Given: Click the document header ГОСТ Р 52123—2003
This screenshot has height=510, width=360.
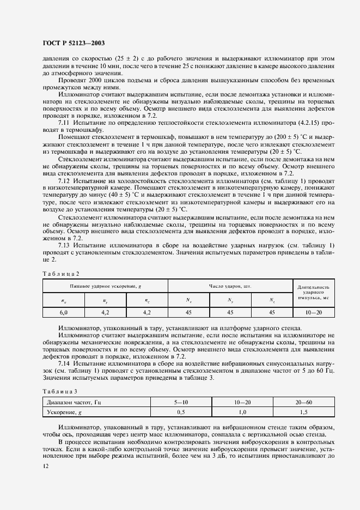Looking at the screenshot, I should coord(74,42).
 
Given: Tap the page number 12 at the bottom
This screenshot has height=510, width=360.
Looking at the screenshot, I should coord(45,466).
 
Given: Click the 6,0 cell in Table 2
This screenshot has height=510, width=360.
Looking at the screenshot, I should coord(63,312).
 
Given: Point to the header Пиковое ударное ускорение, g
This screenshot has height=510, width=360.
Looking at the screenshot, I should coord(105,286).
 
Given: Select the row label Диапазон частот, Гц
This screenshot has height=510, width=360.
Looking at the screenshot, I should coord(74,403).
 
